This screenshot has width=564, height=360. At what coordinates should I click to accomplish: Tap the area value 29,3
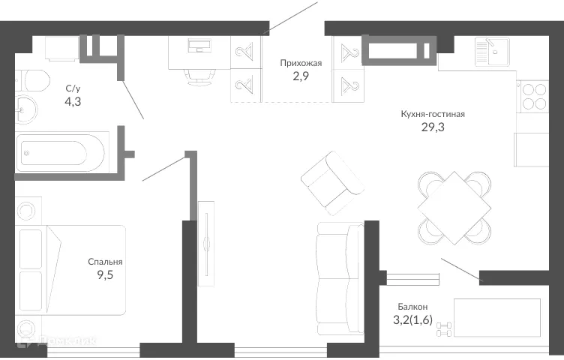point(433,127)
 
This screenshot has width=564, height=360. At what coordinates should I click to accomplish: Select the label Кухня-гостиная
point(433,114)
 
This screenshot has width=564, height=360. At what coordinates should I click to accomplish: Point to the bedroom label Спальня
point(105,262)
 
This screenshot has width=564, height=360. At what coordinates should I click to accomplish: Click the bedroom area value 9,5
point(105,274)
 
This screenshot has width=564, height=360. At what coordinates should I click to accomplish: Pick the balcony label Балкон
point(412,307)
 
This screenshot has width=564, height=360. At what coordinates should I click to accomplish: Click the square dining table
point(454,206)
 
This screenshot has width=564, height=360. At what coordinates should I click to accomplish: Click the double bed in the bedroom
point(75,270)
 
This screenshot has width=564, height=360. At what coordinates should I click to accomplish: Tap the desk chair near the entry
point(197,73)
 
